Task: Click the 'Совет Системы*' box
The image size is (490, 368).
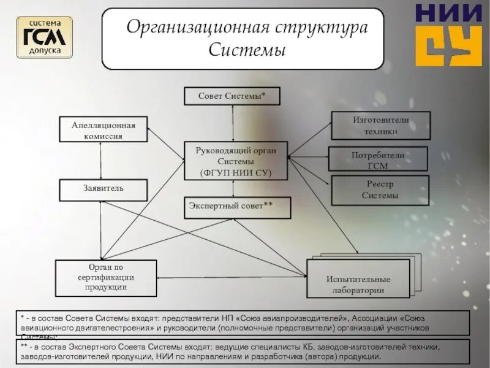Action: [x=232, y=96]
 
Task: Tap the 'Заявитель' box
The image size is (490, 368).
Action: [x=103, y=190]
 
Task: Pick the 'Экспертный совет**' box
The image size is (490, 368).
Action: [x=237, y=207]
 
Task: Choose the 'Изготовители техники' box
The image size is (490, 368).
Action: [x=380, y=125]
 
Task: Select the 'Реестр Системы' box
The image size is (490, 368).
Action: [x=380, y=190]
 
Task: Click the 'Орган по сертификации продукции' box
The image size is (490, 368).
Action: [x=106, y=278]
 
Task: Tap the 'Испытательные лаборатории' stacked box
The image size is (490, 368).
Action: [x=358, y=283]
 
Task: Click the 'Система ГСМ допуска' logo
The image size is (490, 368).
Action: [x=44, y=37]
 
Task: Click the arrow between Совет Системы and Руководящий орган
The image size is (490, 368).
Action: [x=232, y=123]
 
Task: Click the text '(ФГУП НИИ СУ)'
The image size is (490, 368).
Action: [x=236, y=172]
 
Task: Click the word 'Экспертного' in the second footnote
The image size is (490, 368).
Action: [x=97, y=347]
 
